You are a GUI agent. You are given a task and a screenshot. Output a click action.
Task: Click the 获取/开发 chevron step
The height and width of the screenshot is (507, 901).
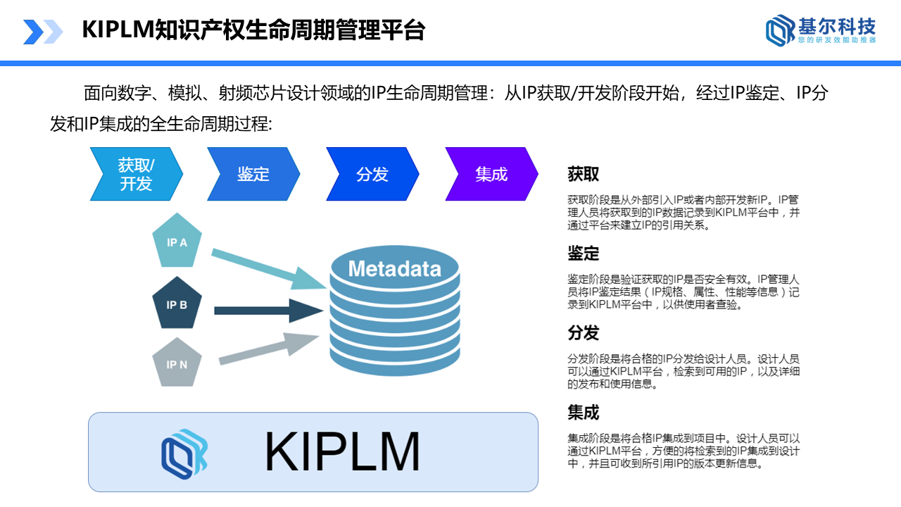[x=136, y=174]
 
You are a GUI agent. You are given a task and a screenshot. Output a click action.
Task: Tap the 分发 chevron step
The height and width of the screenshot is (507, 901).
[x=372, y=174]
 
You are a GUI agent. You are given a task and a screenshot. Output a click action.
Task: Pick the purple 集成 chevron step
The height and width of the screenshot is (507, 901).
[x=491, y=174]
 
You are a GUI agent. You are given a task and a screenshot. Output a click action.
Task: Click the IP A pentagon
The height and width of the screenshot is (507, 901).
[x=177, y=242]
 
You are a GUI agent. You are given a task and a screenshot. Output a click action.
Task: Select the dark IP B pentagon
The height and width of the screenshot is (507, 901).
[x=177, y=304]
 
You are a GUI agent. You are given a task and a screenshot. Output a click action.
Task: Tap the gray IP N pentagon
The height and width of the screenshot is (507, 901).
[x=177, y=364]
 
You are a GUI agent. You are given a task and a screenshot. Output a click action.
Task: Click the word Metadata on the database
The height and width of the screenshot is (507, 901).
[x=394, y=268]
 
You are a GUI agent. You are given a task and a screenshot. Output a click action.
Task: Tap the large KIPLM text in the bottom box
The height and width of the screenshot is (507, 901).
[x=342, y=451]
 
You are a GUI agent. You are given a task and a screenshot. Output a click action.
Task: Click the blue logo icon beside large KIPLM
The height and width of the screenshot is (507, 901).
[x=184, y=451]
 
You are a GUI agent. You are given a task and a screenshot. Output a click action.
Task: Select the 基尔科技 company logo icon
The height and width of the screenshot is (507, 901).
[x=779, y=31]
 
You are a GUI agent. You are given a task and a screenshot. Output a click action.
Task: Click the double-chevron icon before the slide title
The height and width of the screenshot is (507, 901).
[x=43, y=32]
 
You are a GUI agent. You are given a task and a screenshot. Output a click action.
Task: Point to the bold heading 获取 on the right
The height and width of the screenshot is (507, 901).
[x=584, y=174]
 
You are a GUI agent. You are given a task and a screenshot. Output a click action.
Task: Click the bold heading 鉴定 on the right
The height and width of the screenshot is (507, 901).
[x=584, y=254]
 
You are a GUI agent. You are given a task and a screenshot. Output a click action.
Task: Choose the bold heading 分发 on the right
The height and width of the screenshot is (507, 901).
[x=584, y=332]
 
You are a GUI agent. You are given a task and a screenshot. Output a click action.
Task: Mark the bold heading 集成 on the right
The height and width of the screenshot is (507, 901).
[x=584, y=412]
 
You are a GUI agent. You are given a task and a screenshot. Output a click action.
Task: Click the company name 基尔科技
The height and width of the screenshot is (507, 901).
[x=837, y=27]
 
